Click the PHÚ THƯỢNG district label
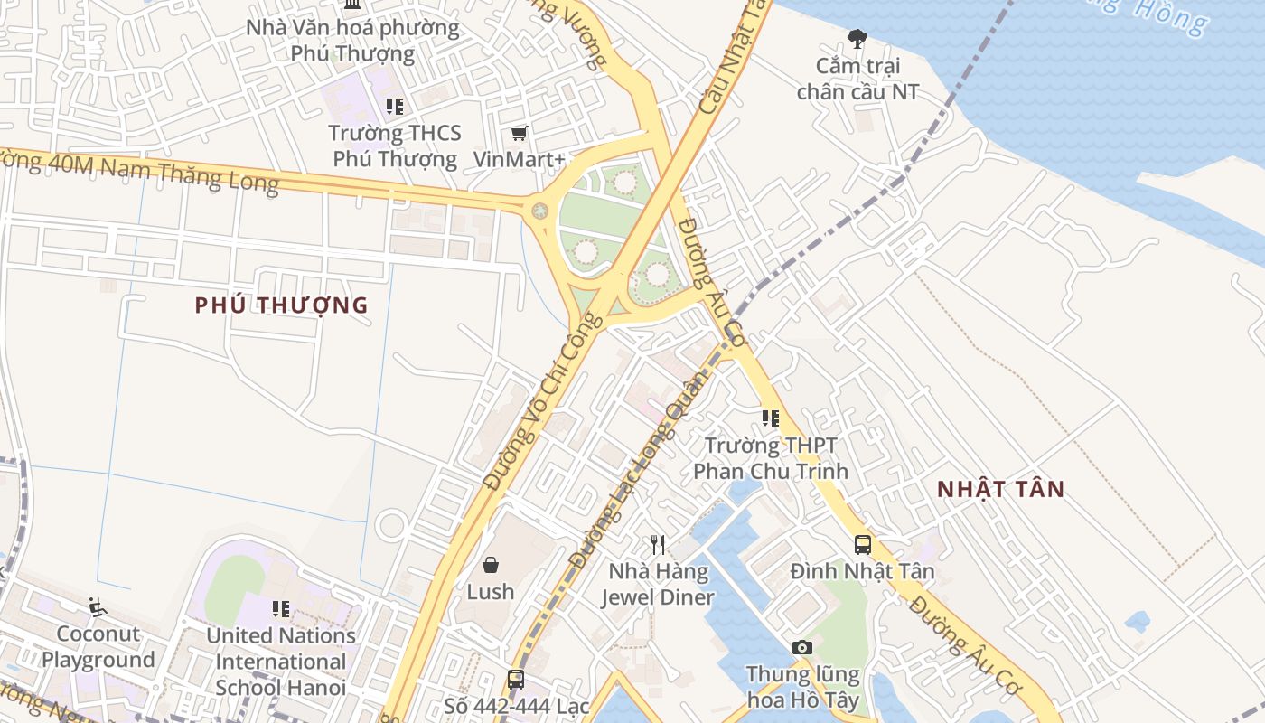point(281,305)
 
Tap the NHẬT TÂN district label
point(1000,490)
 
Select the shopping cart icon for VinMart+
point(519,134)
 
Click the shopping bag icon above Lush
point(490,565)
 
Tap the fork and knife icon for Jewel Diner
point(658,545)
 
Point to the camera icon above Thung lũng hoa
point(801,647)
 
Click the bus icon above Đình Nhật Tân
point(862,544)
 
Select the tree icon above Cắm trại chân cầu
point(857,39)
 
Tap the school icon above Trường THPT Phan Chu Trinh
point(770,418)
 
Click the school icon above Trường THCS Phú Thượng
point(394,107)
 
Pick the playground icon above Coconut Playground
point(98,606)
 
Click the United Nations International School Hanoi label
point(281,662)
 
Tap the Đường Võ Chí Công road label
point(541,402)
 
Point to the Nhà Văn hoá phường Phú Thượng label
point(352,40)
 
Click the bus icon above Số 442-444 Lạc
point(515,679)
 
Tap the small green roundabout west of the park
point(539,211)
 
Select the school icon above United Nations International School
point(281,609)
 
